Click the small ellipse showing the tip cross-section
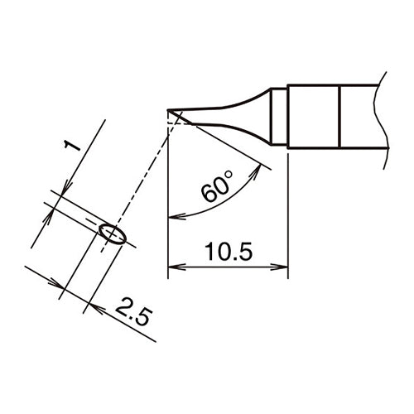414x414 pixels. click(x=112, y=234)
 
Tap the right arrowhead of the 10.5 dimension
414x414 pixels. click(x=283, y=267)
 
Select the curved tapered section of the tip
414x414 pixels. click(x=240, y=112)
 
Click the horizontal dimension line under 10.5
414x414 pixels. click(x=228, y=267)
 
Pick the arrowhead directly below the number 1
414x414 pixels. click(x=58, y=197)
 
